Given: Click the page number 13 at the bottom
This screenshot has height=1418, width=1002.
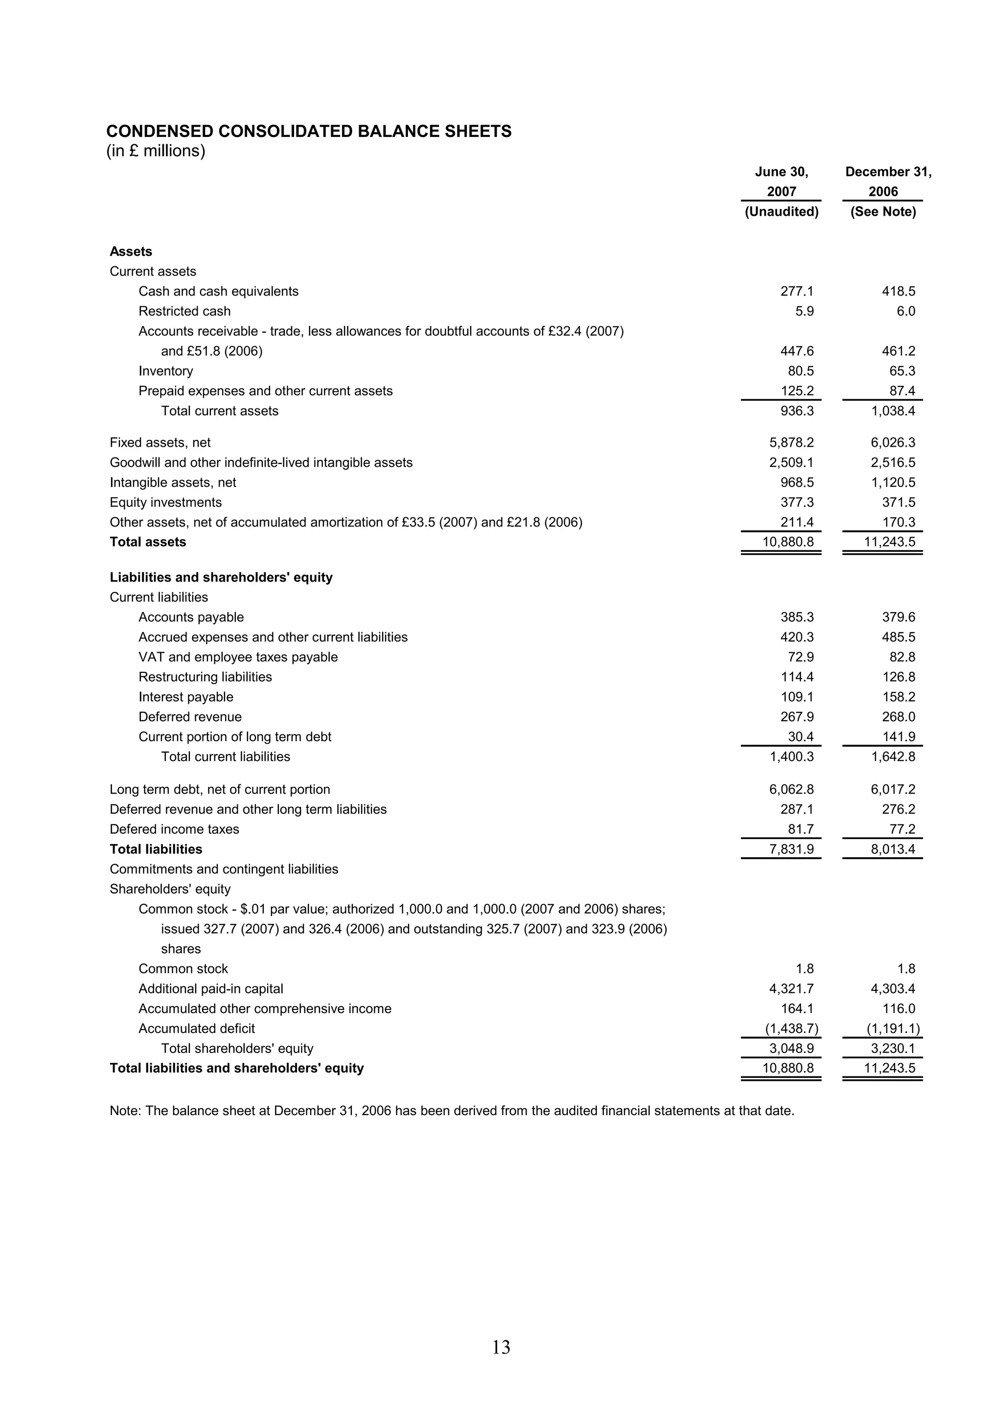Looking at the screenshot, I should click(x=501, y=1347).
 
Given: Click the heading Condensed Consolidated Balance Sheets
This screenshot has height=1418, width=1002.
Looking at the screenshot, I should click(x=309, y=132).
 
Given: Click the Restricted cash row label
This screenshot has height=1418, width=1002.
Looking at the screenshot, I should click(x=184, y=311).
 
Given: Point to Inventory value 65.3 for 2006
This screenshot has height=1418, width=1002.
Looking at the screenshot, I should click(x=901, y=371).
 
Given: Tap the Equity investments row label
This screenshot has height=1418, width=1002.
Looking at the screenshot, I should click(x=165, y=503).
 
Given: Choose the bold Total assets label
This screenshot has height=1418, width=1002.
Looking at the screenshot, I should click(x=148, y=542).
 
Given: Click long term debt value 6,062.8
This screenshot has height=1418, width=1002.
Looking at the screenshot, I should click(x=792, y=790).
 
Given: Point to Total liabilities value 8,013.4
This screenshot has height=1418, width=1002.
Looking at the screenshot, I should click(x=893, y=850).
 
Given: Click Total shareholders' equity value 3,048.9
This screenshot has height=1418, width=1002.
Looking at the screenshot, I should click(x=792, y=1049).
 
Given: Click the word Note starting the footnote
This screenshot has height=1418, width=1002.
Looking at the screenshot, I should click(x=125, y=1111).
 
